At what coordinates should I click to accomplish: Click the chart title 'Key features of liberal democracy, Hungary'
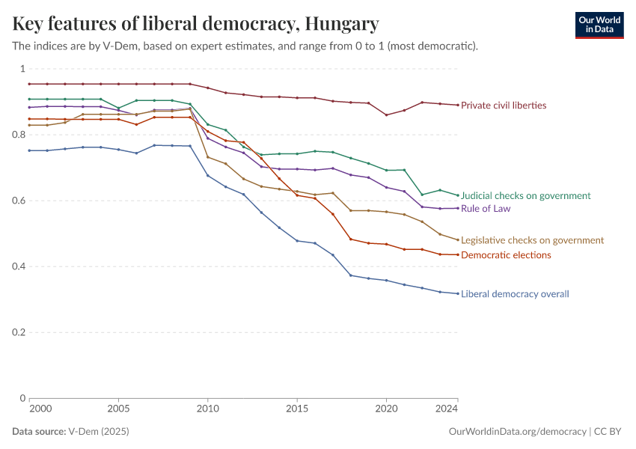195,24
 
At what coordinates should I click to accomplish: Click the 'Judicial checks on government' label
525,195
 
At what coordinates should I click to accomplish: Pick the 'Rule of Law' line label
486,209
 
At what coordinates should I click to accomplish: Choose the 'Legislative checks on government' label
532,240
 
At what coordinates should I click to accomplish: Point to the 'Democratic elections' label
506,255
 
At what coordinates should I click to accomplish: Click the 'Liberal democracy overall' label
515,294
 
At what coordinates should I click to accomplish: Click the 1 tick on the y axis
22,69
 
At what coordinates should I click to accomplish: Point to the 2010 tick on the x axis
207,410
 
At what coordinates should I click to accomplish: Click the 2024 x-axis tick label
447,410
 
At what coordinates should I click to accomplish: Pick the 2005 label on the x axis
118,410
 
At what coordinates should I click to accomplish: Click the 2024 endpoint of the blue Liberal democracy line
458,293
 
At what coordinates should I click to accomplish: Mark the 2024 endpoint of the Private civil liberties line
458,105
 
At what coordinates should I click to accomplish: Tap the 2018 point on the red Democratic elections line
351,239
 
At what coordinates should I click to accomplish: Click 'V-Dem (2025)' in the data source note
97,432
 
